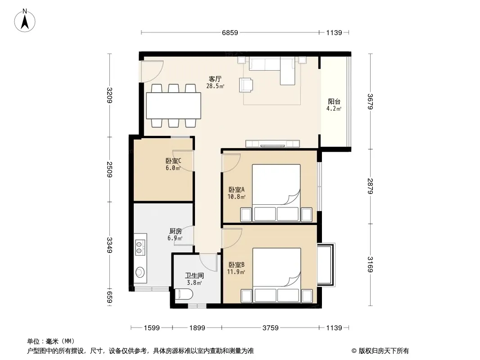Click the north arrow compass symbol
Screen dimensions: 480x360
[25, 21]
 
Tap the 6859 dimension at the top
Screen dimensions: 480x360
[230, 32]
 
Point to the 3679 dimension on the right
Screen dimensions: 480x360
[370, 101]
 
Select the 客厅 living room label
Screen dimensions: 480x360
[215, 79]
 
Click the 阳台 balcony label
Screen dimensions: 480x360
[334, 102]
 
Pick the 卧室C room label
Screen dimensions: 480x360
[173, 161]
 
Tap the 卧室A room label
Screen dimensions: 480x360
[236, 189]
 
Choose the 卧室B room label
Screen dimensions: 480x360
[236, 265]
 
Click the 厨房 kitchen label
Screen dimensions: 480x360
[176, 231]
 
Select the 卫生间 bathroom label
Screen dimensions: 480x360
[195, 275]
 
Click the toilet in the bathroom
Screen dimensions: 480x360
[184, 295]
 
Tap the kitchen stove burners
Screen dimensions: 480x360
[139, 248]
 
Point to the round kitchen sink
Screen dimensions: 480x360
[140, 272]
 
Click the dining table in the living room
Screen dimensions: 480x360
[173, 105]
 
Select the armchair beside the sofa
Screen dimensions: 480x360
[246, 85]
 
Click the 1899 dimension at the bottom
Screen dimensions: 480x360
[197, 328]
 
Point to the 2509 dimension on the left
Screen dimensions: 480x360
[109, 169]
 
